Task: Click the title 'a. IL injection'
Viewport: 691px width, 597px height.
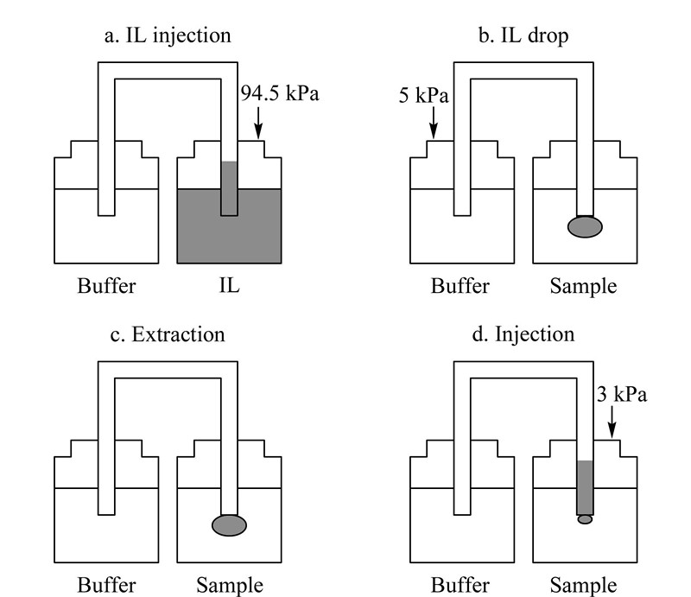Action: (x=168, y=35)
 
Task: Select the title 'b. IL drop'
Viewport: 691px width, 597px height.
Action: (x=523, y=35)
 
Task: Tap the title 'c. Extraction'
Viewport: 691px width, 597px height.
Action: (x=168, y=334)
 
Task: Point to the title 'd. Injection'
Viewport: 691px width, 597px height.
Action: (x=523, y=334)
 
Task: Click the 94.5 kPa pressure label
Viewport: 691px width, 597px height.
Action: (x=280, y=93)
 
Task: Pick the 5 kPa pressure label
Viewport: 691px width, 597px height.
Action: (x=423, y=96)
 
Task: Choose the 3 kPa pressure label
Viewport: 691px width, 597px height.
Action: (x=622, y=394)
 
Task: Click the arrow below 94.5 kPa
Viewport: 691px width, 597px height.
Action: (x=258, y=123)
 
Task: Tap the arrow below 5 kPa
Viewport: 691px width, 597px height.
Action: (x=434, y=123)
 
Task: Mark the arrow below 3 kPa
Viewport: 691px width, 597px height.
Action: (x=612, y=422)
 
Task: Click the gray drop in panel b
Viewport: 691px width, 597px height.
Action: (x=585, y=226)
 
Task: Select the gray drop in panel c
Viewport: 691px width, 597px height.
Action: (x=229, y=525)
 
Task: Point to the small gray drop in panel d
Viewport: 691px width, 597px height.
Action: (x=585, y=519)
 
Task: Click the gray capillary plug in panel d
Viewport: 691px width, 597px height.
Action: (x=585, y=487)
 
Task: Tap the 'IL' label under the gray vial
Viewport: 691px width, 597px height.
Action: (x=229, y=286)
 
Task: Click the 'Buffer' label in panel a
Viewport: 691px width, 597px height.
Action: (x=106, y=286)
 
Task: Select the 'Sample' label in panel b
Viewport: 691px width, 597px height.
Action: (x=583, y=286)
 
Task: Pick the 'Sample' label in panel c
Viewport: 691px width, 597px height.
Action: (x=230, y=586)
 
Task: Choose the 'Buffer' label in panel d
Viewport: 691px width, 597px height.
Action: (x=460, y=585)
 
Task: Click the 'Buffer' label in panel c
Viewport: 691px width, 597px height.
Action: (x=106, y=585)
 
